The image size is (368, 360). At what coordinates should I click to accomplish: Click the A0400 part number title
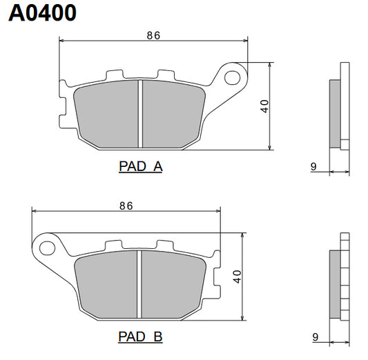point(43,13)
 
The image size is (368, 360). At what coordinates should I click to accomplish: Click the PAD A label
point(140,166)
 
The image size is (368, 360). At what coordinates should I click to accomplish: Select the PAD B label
point(140,337)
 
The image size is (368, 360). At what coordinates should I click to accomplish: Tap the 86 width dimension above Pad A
point(153,36)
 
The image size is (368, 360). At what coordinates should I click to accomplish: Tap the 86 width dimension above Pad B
point(126,206)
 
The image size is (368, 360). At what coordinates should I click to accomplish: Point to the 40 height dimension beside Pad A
point(264,106)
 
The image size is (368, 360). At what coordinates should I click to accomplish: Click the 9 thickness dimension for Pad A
point(313,166)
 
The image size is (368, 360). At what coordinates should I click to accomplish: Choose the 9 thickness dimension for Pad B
point(313,337)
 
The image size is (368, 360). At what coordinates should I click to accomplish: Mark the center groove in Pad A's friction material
point(140,114)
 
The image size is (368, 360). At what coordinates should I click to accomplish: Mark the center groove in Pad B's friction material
point(140,284)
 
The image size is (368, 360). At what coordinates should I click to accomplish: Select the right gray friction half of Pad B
point(173,284)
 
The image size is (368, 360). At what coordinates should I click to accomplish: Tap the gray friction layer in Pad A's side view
point(335,114)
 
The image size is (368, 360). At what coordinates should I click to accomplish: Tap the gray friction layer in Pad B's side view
point(335,284)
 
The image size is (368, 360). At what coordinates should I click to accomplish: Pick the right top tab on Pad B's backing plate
point(164,244)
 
